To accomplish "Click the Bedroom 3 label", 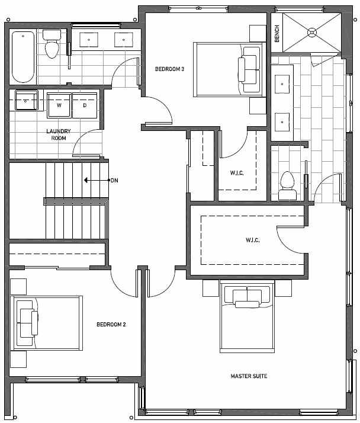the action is point(169,69).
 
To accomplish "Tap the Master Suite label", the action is point(249,376).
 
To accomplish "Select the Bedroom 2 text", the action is point(111,324).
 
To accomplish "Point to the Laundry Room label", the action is point(59,134).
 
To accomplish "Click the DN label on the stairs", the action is point(114,180).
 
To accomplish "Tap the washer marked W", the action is point(59,105).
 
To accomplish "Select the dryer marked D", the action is point(85,105).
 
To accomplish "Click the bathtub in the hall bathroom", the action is point(23,57).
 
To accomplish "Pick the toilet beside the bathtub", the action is point(52,44).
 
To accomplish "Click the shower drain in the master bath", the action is point(312,33).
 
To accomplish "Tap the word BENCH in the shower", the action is point(277,34).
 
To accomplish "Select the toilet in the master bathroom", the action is point(287,186).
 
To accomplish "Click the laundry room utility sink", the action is point(26,100).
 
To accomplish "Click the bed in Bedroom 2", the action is point(46,323).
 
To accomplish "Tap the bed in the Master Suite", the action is point(247,316).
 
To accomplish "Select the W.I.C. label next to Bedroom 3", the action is point(237,173).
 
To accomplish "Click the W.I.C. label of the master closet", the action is point(252,240).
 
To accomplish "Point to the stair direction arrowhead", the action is point(86,180).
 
